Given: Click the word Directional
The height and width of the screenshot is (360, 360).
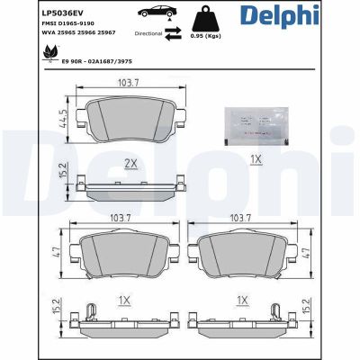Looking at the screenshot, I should pos(148,33).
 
